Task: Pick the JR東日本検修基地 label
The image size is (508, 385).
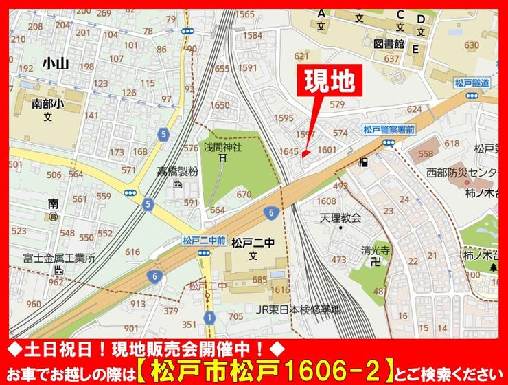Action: pos(298,309)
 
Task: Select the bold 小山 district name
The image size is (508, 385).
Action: pos(56,63)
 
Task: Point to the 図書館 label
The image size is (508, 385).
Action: pos(389,44)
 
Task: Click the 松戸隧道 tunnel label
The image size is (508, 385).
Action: pos(472,82)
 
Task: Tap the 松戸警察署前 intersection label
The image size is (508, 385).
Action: pos(388,129)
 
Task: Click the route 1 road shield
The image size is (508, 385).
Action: pos(209,318)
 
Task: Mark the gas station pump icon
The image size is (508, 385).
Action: pos(363,163)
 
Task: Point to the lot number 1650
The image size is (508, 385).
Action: pos(220,105)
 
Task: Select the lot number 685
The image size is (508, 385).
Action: pos(259,280)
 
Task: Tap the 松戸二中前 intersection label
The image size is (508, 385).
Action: pos(204,240)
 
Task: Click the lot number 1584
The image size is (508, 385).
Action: pos(253,35)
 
